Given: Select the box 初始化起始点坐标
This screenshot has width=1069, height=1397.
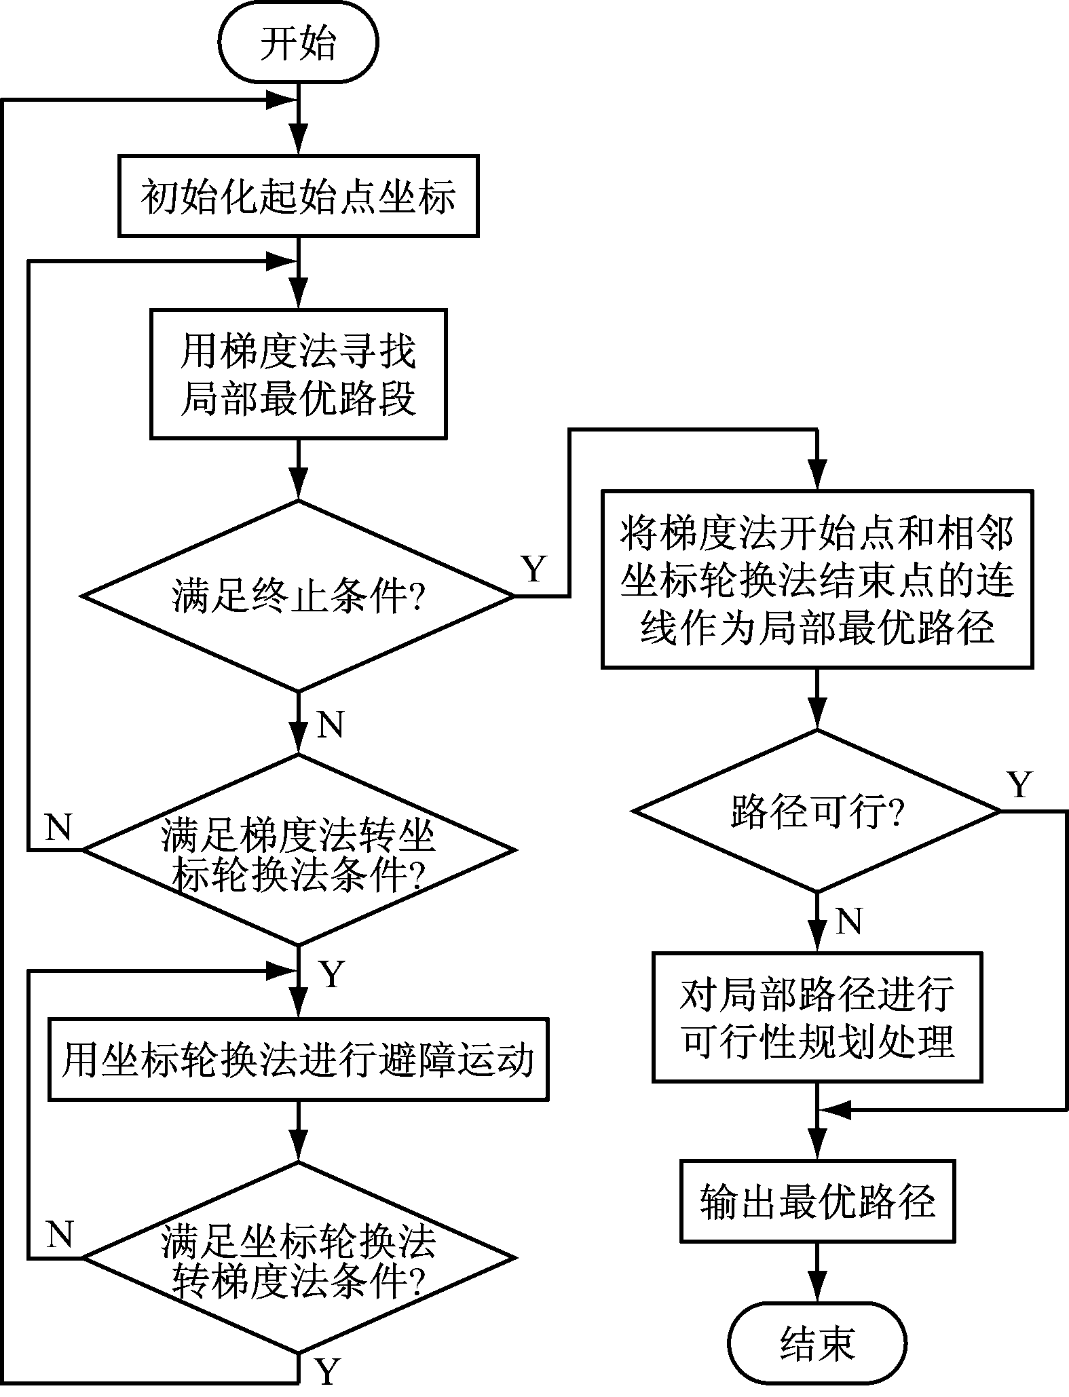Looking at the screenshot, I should pyautogui.click(x=298, y=197).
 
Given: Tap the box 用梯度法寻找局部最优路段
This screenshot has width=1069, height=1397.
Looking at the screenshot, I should pyautogui.click(x=298, y=374).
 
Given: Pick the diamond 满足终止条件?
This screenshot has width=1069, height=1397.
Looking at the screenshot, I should pyautogui.click(x=298, y=596).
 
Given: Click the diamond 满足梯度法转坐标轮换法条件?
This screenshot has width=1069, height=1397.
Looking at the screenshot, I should pyautogui.click(x=298, y=849).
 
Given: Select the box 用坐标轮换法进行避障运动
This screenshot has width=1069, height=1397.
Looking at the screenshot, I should pyautogui.click(x=298, y=1058).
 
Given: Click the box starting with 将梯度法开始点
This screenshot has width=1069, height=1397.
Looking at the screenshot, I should pyautogui.click(x=817, y=579).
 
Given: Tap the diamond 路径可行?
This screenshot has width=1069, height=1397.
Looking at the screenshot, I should pyautogui.click(x=817, y=811).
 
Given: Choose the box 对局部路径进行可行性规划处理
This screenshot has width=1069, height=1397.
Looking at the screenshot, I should pyautogui.click(x=817, y=1016).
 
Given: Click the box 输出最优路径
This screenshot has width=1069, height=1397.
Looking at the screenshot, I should pyautogui.click(x=817, y=1201).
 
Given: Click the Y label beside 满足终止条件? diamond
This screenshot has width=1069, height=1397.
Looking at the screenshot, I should pyautogui.click(x=534, y=569).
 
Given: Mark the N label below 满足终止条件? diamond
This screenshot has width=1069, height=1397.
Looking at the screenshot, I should pyautogui.click(x=331, y=725).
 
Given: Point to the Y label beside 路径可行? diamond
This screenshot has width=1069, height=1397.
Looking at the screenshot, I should pyautogui.click(x=1019, y=785).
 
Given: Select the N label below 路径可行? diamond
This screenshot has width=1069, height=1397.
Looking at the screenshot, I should pyautogui.click(x=849, y=921).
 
